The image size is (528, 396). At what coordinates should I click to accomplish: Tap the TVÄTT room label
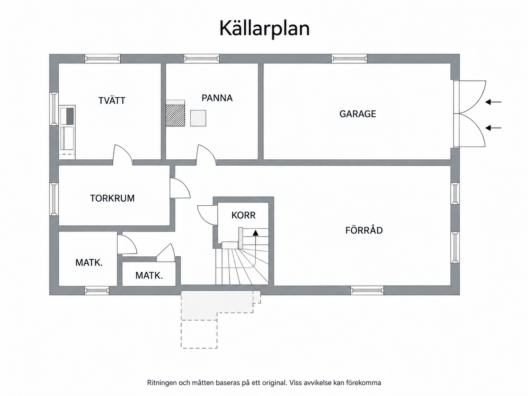[x=112, y=100]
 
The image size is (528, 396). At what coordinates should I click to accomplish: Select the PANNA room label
[x=217, y=98]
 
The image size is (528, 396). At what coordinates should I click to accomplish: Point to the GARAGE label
[x=358, y=114]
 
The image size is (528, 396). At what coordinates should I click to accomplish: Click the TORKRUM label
[x=112, y=198]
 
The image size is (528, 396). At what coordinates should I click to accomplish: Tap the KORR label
[x=244, y=215]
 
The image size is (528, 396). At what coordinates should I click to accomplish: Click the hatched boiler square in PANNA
[x=175, y=116]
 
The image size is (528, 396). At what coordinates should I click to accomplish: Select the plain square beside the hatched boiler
[x=198, y=118]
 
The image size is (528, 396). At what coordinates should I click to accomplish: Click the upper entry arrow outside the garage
[x=493, y=102]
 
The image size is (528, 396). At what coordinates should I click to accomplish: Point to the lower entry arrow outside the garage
[x=493, y=128]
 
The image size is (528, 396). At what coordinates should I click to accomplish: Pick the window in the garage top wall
[x=349, y=59]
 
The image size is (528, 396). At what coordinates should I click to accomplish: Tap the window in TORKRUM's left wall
[x=54, y=199]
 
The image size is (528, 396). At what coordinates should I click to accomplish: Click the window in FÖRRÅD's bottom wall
[x=367, y=291]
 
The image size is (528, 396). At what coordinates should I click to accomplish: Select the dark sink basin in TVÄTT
[x=70, y=116]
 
